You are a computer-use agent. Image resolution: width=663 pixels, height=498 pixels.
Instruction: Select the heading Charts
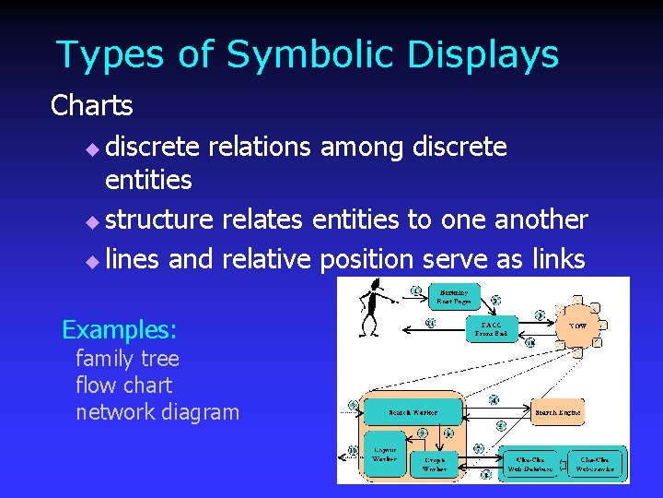[92, 106]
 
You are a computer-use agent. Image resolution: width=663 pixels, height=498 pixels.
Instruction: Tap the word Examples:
[119, 329]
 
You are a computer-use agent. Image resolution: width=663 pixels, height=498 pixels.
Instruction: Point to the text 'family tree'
[127, 358]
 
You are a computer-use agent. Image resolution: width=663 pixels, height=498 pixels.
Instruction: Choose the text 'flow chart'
[123, 385]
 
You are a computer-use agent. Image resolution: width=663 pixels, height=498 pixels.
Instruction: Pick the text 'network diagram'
[157, 411]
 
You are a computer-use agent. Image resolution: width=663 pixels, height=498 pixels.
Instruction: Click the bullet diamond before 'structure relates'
[90, 222]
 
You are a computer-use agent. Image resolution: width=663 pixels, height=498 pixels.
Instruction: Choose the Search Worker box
[412, 411]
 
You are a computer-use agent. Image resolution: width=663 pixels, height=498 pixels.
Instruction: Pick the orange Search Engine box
[558, 411]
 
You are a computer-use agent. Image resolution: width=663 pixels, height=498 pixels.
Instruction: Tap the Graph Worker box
[434, 464]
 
